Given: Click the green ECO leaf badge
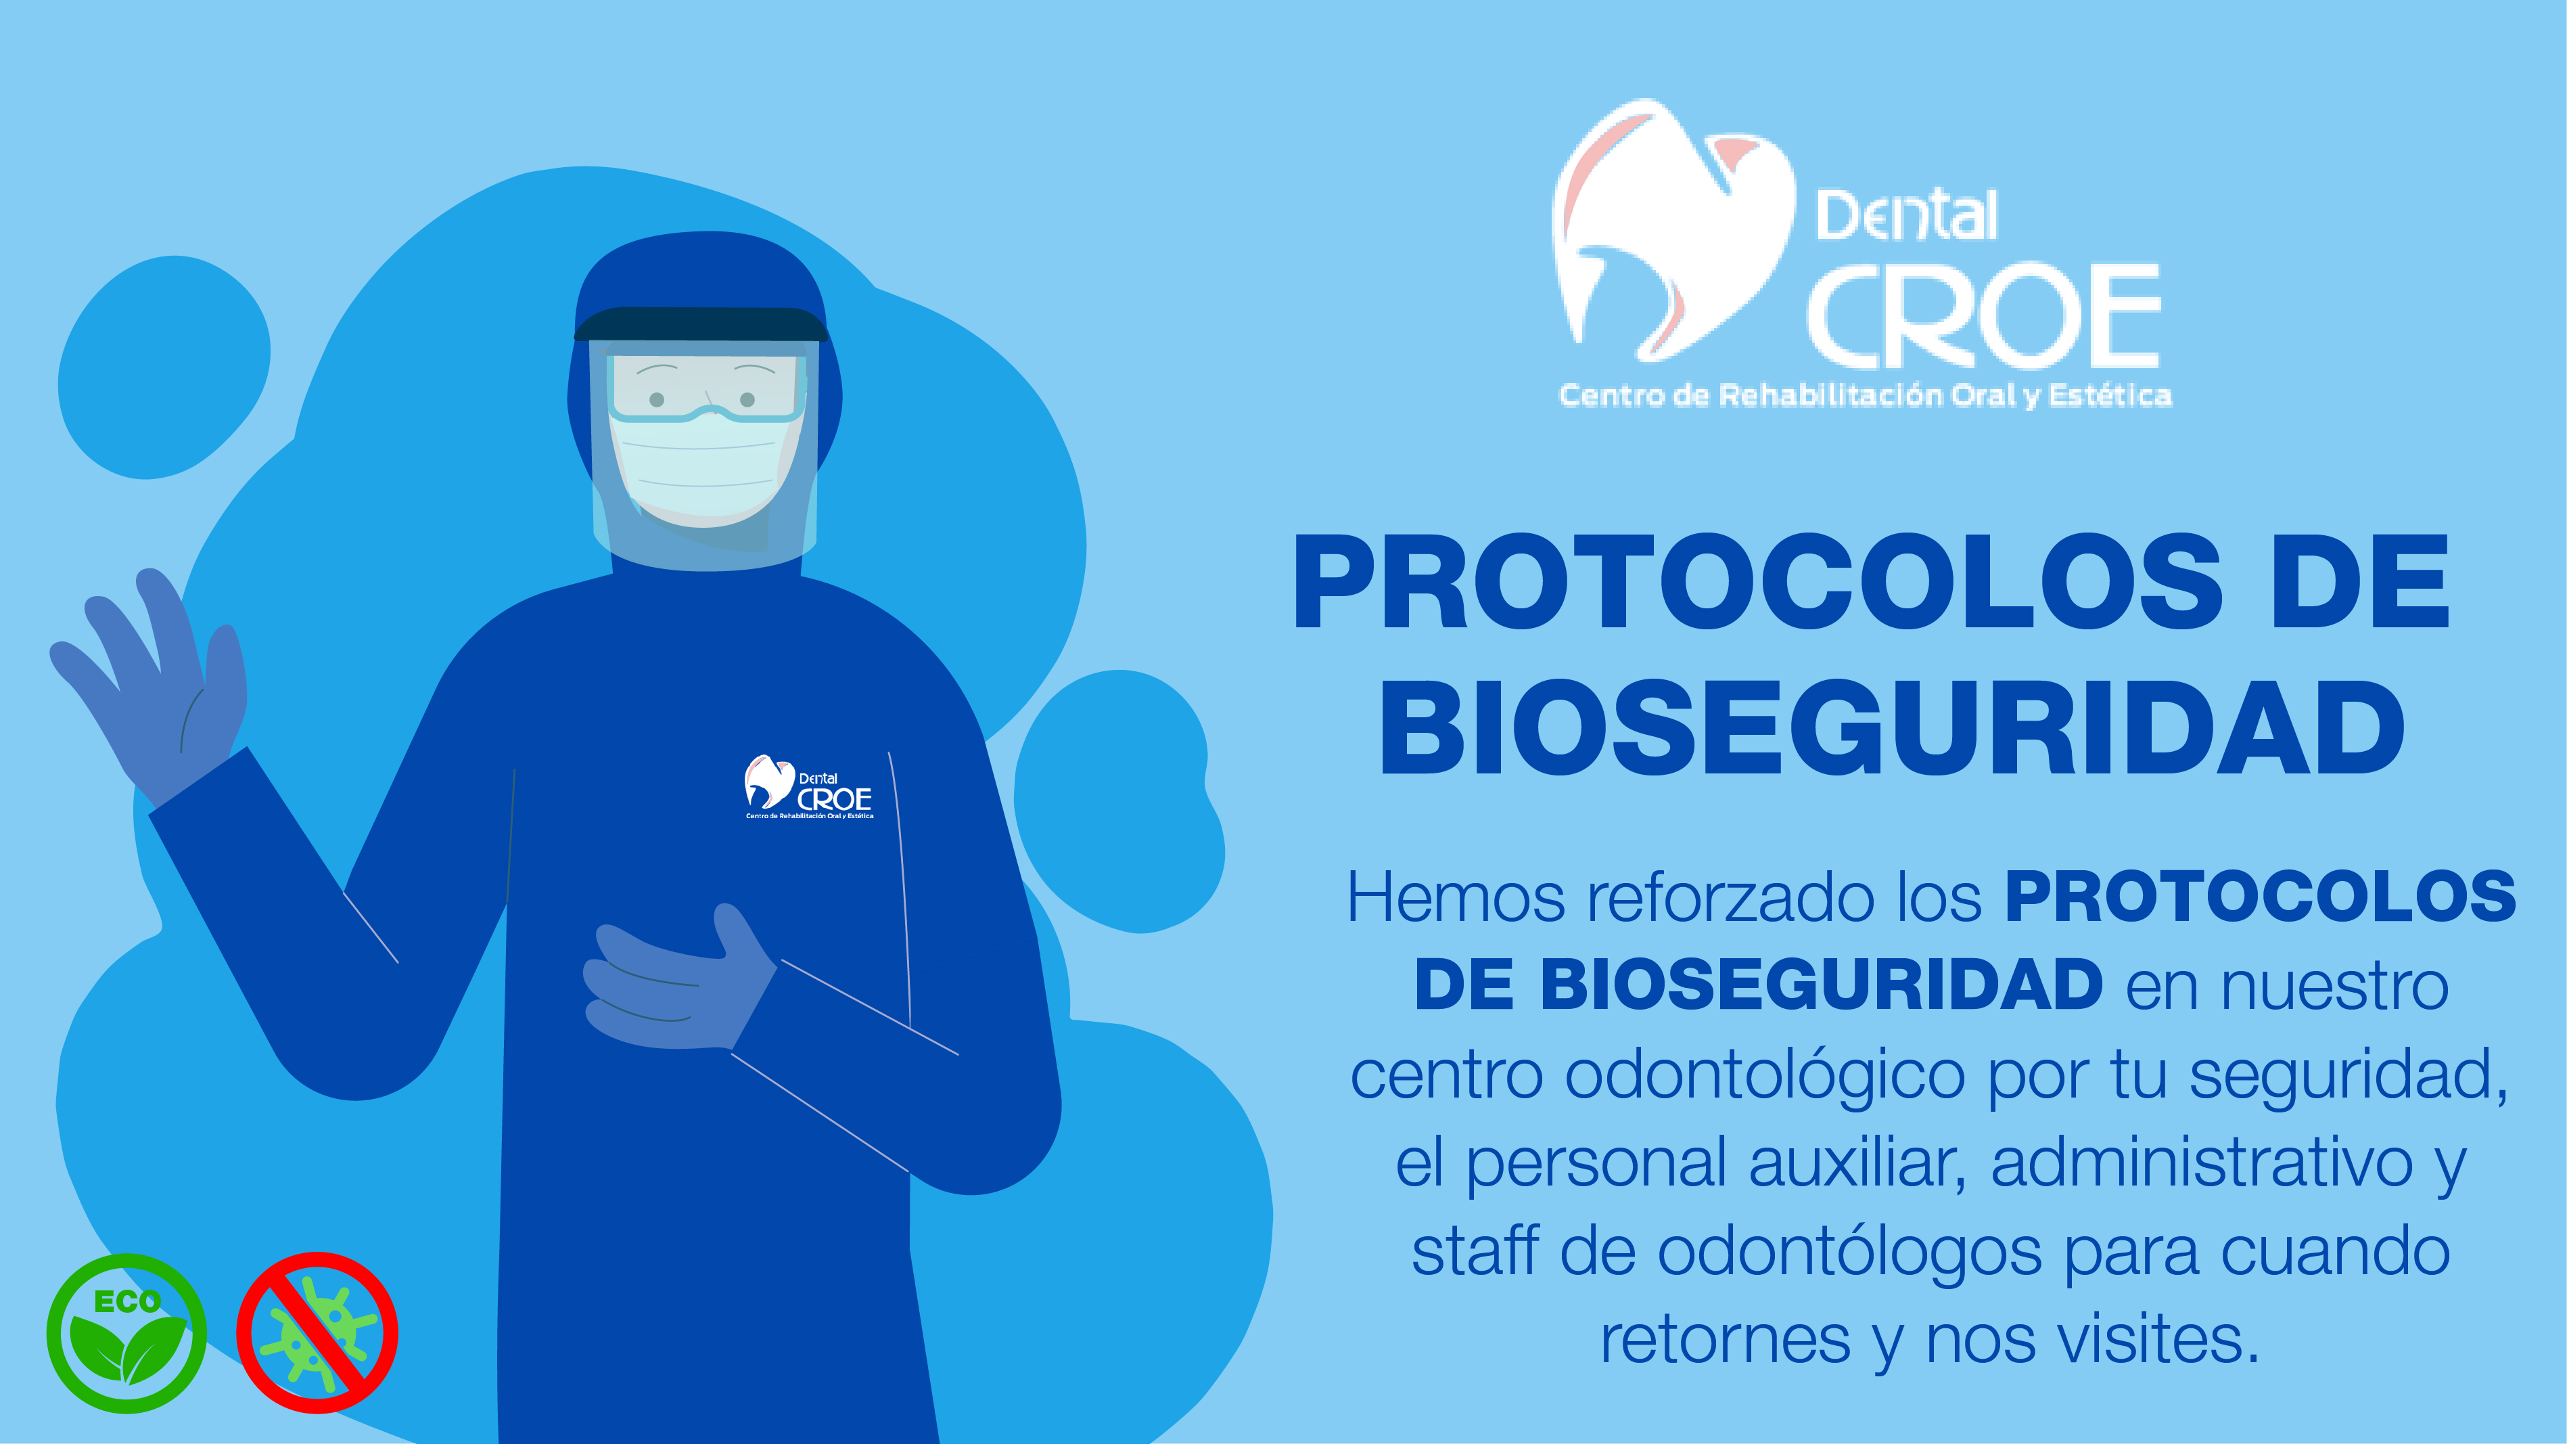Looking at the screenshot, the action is [126, 1332].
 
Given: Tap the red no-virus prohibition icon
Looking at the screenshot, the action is [317, 1332].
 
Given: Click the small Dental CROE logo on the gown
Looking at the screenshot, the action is [808, 787].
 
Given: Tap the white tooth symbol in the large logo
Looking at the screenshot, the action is [1674, 229].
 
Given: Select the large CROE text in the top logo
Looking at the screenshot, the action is [1983, 316].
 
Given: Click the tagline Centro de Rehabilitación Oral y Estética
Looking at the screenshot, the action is [1864, 396].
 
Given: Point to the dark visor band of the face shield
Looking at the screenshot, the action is [701, 325].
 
